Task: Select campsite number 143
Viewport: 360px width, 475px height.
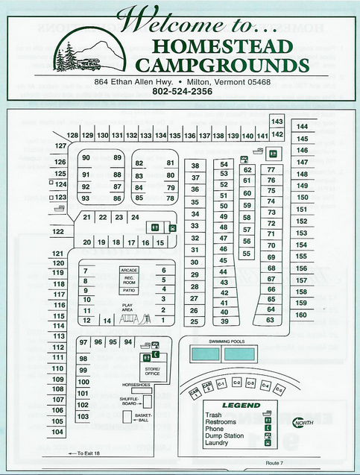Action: (x=277, y=122)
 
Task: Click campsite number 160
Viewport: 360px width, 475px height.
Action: (x=301, y=315)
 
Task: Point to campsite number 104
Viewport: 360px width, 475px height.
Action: (x=58, y=432)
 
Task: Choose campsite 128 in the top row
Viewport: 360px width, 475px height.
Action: (x=72, y=136)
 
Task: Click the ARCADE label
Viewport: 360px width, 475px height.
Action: (x=129, y=269)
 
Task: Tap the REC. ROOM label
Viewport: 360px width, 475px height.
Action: (x=129, y=280)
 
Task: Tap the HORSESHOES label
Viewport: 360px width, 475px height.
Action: (x=136, y=385)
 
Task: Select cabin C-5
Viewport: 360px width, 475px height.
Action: (x=279, y=389)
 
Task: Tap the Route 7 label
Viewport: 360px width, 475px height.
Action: (x=274, y=463)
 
